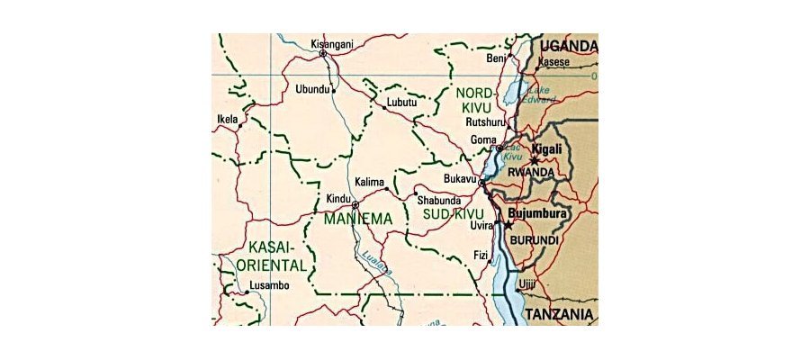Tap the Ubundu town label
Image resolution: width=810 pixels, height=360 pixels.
click(x=312, y=88)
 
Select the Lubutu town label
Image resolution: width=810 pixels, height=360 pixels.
click(x=402, y=103)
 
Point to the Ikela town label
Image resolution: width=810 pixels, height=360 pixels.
click(x=228, y=119)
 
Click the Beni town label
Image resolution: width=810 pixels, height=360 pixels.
click(x=495, y=58)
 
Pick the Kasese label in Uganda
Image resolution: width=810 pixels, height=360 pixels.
click(x=554, y=62)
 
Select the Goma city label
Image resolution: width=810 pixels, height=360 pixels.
click(x=483, y=140)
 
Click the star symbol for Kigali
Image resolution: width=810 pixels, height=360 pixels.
click(x=535, y=160)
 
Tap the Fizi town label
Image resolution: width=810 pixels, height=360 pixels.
click(x=481, y=256)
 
